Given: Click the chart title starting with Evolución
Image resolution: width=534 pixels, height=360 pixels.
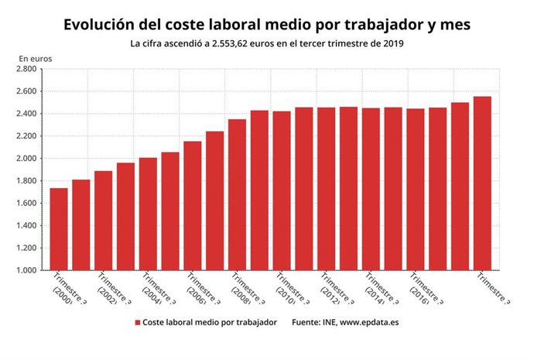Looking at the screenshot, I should [x=267, y=24].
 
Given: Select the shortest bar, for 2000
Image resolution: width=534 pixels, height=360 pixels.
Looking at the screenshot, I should [x=59, y=229].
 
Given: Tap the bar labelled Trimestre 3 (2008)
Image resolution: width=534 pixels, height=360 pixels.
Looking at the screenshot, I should [x=237, y=195].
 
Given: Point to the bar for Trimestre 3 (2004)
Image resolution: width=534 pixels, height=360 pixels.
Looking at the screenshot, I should [x=148, y=214].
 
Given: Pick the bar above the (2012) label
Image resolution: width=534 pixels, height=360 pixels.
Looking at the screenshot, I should [x=326, y=189].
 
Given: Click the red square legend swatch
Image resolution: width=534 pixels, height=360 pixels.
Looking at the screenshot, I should [x=137, y=321].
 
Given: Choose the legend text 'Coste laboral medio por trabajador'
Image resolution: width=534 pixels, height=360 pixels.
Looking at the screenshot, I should [x=210, y=321].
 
